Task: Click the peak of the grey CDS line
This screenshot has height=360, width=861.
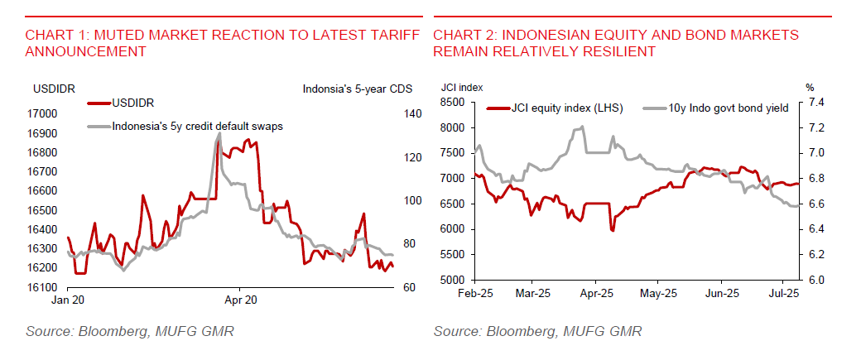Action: tap(219, 132)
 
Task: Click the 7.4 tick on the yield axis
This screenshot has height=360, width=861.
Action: tap(814, 103)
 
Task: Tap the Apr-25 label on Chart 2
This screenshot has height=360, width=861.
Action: tap(597, 293)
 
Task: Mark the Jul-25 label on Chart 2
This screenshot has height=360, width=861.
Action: tap(783, 293)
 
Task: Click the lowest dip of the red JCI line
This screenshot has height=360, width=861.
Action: tap(613, 230)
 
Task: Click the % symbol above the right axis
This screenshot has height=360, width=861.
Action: tap(810, 86)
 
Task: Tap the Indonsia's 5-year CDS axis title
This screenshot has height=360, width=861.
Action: tap(362, 88)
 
